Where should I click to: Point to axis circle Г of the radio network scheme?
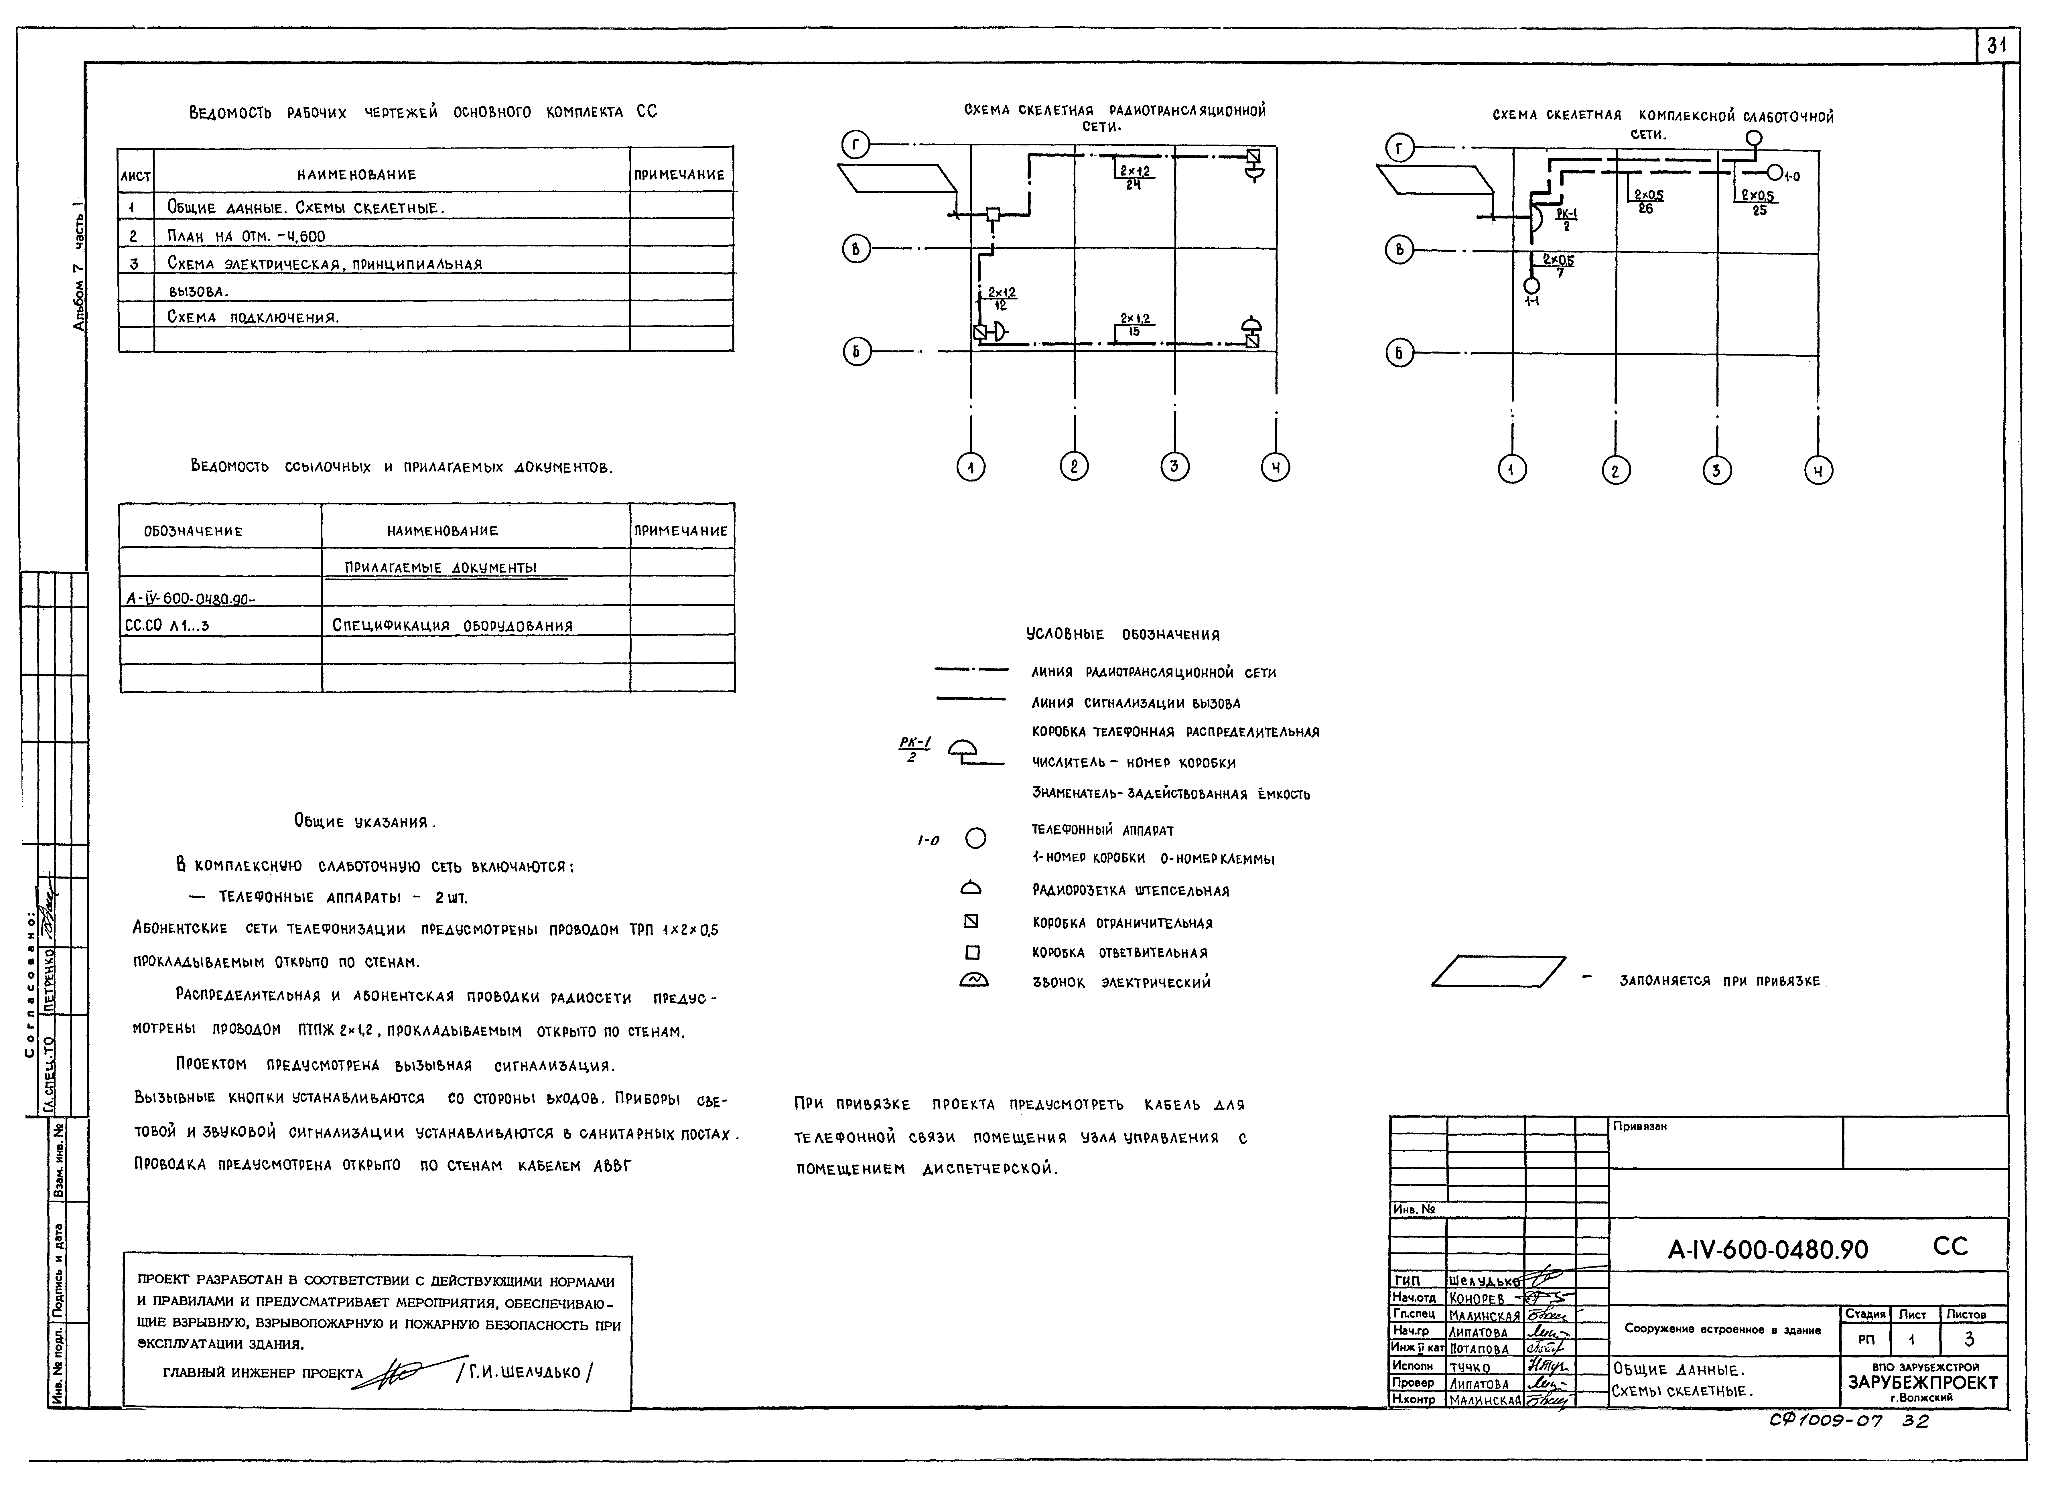pyautogui.click(x=855, y=144)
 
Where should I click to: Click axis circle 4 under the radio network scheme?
pyautogui.click(x=1275, y=467)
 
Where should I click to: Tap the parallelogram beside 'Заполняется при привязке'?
pyautogui.click(x=1498, y=971)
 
